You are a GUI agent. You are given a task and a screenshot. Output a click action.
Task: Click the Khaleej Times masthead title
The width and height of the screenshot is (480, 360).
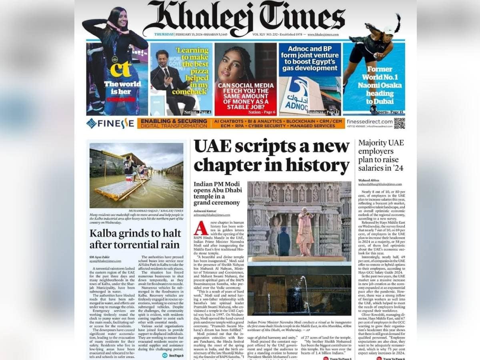point(244,17)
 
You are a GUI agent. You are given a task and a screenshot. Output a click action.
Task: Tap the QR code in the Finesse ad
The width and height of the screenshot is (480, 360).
point(399,123)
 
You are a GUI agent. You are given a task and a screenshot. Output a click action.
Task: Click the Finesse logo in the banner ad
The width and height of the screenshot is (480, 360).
point(110,123)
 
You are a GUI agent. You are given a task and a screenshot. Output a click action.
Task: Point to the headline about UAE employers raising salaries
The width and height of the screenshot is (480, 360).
point(381,155)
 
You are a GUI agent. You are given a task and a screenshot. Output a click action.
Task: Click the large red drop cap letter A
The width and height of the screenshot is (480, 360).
point(201,228)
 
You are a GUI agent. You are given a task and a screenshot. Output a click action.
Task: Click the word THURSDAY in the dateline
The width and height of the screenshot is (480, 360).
point(164,35)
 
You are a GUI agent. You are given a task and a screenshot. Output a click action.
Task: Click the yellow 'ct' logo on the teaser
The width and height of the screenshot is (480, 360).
point(120,69)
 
